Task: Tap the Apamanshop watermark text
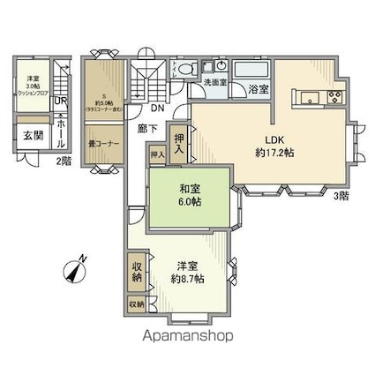[189, 336]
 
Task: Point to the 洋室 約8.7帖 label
[187, 272]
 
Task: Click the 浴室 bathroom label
[258, 89]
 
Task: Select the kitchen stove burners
[335, 97]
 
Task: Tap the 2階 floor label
[63, 161]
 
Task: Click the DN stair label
[156, 109]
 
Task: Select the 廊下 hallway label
[146, 128]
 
